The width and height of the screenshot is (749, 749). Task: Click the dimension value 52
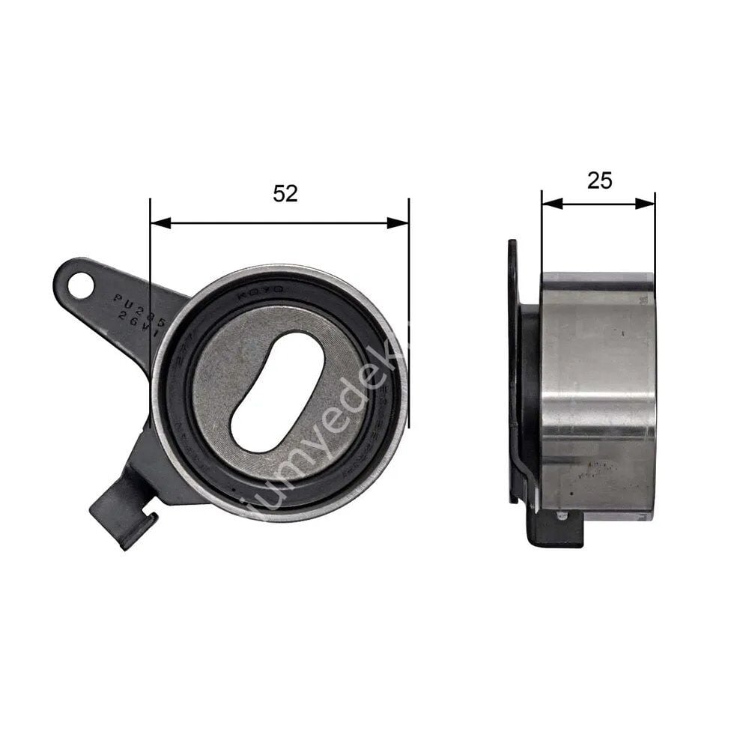[x=285, y=193]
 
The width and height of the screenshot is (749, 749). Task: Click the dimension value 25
[x=599, y=181]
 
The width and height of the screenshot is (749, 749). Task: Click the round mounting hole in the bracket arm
[x=80, y=285]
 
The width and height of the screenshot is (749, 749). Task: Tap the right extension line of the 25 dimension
[x=655, y=232]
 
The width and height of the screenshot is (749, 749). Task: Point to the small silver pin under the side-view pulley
[x=562, y=515]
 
